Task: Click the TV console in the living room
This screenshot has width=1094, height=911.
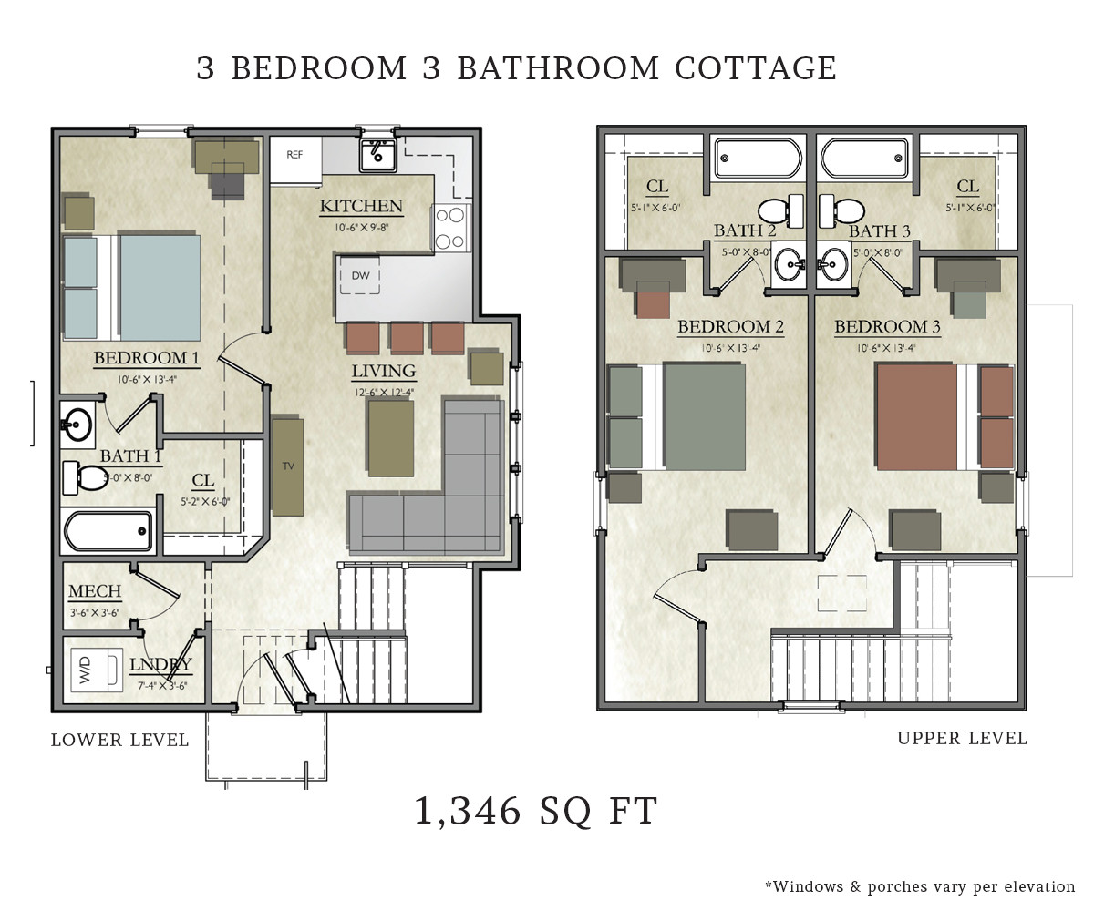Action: point(288,466)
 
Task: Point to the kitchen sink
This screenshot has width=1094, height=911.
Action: point(376,156)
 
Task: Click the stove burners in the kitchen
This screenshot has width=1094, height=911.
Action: point(450,228)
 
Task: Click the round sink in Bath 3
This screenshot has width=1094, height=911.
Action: point(831,265)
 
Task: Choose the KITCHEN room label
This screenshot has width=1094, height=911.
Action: point(361,207)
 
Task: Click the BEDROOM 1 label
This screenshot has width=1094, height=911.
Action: point(147,359)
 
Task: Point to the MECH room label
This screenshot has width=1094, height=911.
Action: point(95,593)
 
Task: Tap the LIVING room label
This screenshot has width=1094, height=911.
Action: point(384,372)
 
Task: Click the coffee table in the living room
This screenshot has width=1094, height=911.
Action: point(390,438)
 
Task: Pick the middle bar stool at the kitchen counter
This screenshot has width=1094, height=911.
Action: point(407,338)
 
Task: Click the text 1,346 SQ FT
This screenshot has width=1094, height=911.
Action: point(536,811)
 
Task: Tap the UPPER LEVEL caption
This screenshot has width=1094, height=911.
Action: point(962,739)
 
